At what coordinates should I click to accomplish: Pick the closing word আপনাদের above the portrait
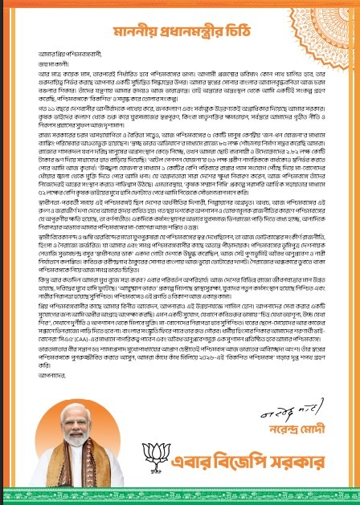tap(49, 396)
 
